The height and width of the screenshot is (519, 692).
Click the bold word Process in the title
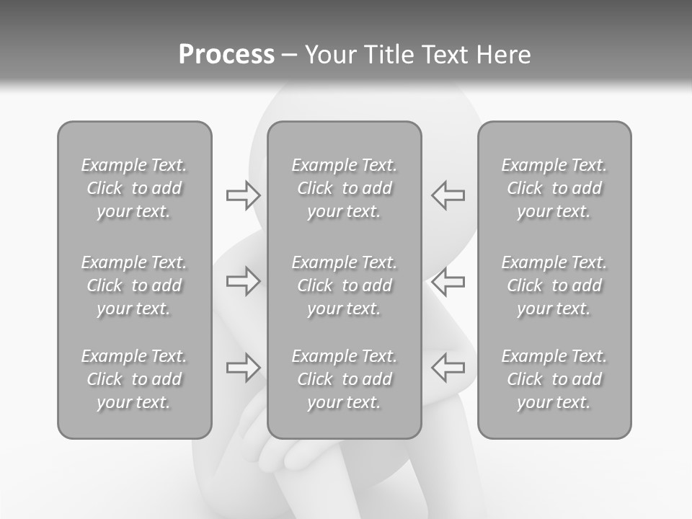point(226,55)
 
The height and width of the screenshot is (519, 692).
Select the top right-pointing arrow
point(244,195)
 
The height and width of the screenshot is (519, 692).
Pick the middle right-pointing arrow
point(244,281)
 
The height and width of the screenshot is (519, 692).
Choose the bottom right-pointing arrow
point(244,368)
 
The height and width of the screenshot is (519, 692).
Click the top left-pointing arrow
point(448,195)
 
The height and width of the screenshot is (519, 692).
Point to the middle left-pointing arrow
point(448,281)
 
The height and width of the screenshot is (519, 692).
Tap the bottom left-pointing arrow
point(448,368)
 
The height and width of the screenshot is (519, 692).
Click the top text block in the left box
point(134,188)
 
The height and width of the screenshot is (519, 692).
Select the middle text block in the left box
point(134,285)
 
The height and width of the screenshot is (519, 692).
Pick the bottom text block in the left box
point(134,379)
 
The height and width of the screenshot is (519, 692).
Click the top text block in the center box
point(344,188)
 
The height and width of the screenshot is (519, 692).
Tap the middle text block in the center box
point(344,285)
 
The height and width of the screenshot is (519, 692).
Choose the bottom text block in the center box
point(344,379)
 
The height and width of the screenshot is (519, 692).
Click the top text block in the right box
point(554,188)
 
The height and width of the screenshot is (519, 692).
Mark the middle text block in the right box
point(554,285)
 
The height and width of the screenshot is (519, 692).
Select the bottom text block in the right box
point(554,379)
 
